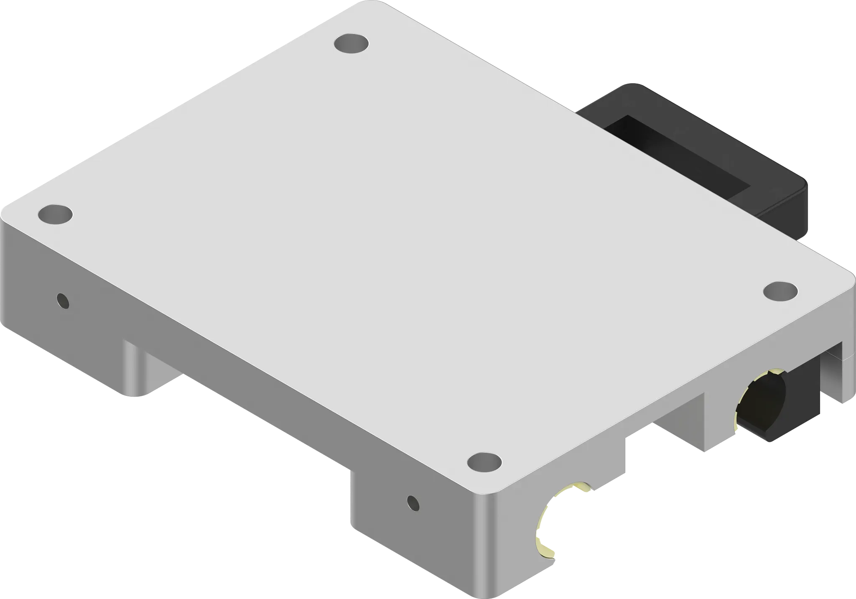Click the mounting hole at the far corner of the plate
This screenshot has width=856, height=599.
(x=352, y=43)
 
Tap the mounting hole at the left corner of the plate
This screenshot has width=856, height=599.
(x=55, y=214)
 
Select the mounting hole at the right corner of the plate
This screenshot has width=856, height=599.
(x=780, y=291)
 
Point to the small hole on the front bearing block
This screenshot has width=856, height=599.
(x=413, y=503)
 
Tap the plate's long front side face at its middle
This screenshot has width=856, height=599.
(x=267, y=376)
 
